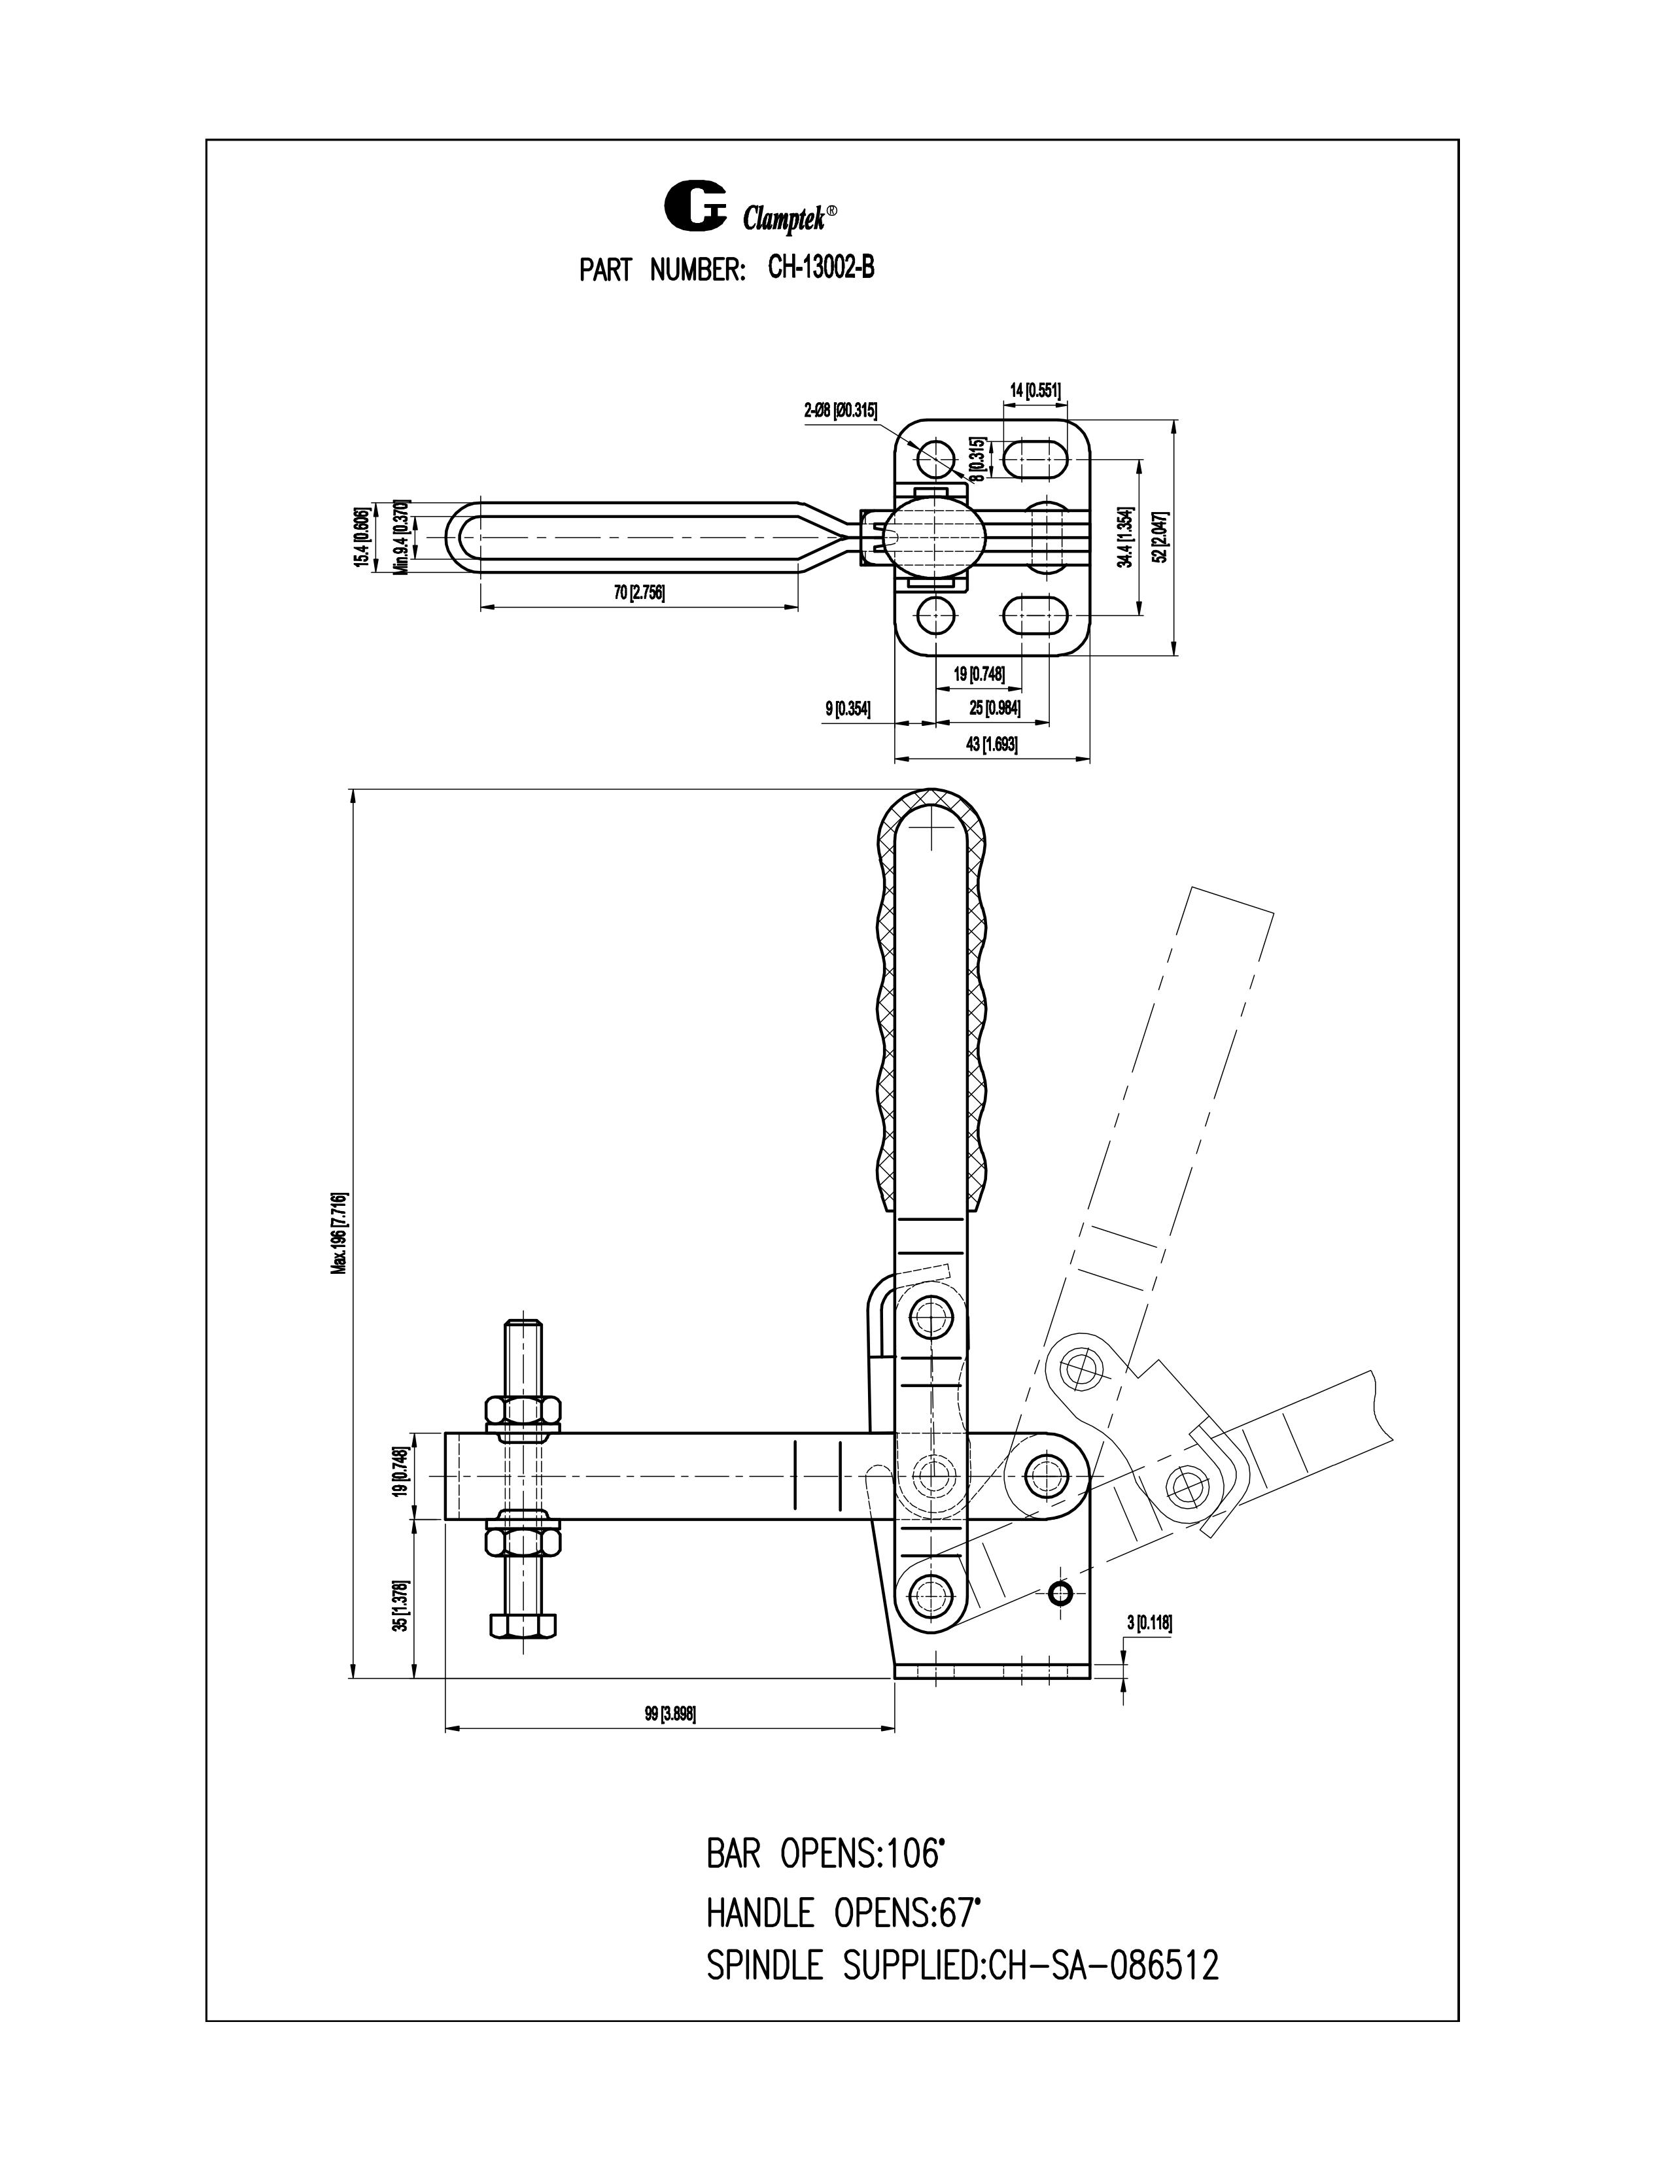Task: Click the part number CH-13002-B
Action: click(x=820, y=269)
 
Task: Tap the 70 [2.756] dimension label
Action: click(x=638, y=593)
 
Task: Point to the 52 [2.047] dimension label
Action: click(x=1162, y=536)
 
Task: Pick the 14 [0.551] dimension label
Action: click(x=1035, y=390)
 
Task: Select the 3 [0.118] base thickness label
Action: click(x=1149, y=1622)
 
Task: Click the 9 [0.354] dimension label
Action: click(x=847, y=708)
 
